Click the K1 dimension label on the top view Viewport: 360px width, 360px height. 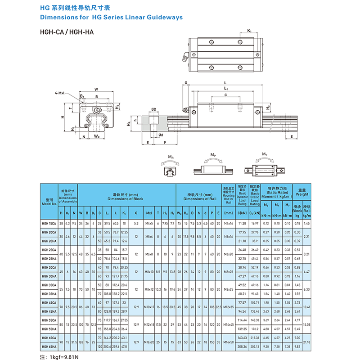(249, 31)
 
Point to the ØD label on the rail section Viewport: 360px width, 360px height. (153, 109)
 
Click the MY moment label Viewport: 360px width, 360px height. (265, 155)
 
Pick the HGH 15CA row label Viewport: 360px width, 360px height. (49, 223)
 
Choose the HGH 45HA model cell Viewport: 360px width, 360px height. (49, 311)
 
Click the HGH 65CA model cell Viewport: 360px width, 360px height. (49, 337)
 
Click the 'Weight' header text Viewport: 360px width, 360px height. (302, 194)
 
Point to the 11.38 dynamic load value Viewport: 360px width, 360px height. (242, 223)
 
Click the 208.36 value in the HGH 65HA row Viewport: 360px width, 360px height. (242, 346)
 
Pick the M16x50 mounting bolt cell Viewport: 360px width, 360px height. (228, 342)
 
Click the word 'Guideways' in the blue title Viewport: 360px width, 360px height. (164, 18)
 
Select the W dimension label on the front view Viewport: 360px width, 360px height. (96, 89)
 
